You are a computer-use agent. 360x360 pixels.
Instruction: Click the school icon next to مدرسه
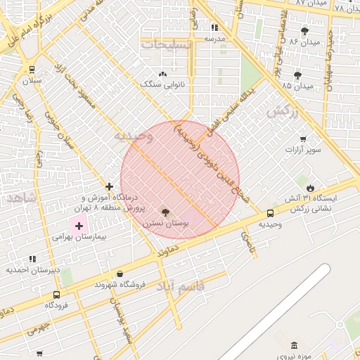[x=214, y=27]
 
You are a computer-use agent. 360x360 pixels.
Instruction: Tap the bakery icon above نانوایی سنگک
[x=164, y=73]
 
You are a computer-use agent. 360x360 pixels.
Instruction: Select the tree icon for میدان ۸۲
[x=304, y=31]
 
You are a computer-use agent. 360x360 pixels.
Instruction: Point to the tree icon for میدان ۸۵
[x=297, y=75]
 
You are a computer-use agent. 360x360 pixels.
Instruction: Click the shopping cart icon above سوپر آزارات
[x=303, y=139]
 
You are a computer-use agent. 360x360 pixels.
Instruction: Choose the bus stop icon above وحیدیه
[x=271, y=213]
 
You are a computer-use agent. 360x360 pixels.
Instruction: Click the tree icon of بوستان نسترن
[x=165, y=212]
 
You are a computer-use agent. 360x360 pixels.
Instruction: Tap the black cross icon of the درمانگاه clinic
[x=109, y=186]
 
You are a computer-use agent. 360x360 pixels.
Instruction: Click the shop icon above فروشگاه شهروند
[x=120, y=274]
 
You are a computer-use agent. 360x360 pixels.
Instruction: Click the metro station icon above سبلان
[x=32, y=69]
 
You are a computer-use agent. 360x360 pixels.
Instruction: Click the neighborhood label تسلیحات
[x=165, y=44]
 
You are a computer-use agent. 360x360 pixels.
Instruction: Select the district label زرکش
[x=283, y=110]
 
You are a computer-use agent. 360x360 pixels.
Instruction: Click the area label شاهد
[x=21, y=198]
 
